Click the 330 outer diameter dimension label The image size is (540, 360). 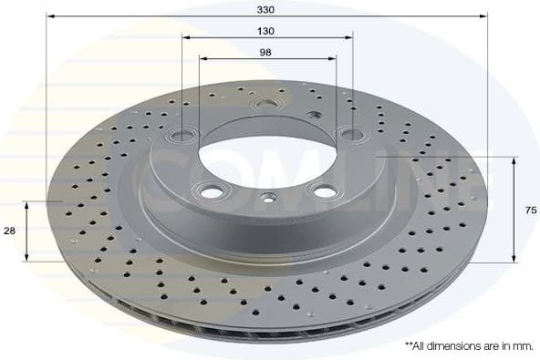pyautogui.click(x=265, y=8)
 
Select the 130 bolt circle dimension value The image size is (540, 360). pyautogui.click(x=266, y=30)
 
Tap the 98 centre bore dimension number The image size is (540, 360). pyautogui.click(x=266, y=51)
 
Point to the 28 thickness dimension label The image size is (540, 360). pyautogui.click(x=9, y=231)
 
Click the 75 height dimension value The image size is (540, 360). pyautogui.click(x=531, y=210)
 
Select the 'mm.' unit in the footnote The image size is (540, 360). pyautogui.click(x=522, y=346)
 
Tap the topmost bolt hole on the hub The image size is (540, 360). pyautogui.click(x=266, y=104)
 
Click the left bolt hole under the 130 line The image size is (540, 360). pyautogui.click(x=183, y=136)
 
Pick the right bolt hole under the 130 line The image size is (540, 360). pyautogui.click(x=349, y=135)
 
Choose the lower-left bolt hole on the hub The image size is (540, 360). pyautogui.click(x=213, y=192)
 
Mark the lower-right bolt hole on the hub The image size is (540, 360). pyautogui.click(x=320, y=190)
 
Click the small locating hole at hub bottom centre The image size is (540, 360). pyautogui.click(x=267, y=198)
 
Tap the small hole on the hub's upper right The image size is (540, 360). pyautogui.click(x=315, y=115)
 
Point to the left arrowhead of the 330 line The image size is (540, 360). pyautogui.click(x=50, y=16)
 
